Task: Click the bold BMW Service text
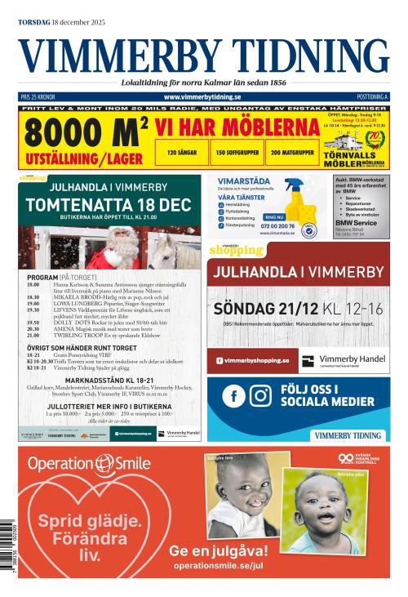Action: [x=357, y=222]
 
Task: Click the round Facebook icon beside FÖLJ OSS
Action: [x=234, y=395]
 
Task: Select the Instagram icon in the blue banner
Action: [x=260, y=395]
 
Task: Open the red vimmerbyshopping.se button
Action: [x=252, y=359]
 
